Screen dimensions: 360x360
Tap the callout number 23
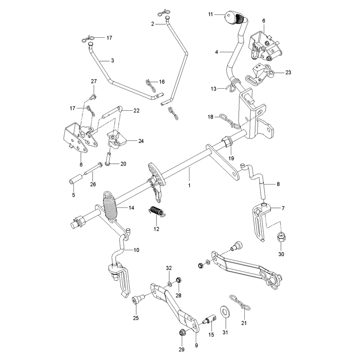pyautogui.click(x=288, y=72)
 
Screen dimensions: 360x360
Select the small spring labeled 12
pyautogui.click(x=156, y=211)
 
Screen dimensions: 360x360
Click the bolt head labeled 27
pyautogui.click(x=93, y=97)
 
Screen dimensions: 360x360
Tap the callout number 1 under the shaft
pyautogui.click(x=189, y=185)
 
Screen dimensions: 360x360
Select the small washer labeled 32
pyautogui.click(x=170, y=284)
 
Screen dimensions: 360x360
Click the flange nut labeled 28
pyautogui.click(x=178, y=280)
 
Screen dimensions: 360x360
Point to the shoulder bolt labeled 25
pyautogui.click(x=137, y=299)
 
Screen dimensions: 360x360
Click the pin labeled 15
pyautogui.click(x=210, y=319)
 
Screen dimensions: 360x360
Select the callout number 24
pyautogui.click(x=141, y=141)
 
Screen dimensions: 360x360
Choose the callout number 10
pyautogui.click(x=136, y=250)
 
